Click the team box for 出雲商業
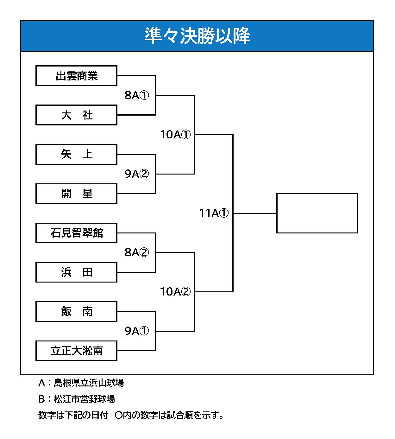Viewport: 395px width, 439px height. tap(76, 76)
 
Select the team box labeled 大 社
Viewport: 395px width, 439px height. tap(76, 115)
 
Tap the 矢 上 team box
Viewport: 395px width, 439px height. tap(76, 154)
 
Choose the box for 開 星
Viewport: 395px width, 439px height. tap(76, 194)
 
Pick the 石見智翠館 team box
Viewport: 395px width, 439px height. tap(76, 233)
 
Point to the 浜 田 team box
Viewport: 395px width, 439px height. tap(76, 272)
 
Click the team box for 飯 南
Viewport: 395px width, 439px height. tap(76, 311)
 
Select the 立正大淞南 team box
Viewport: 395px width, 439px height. tap(76, 351)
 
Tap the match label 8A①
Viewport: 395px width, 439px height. tap(137, 95)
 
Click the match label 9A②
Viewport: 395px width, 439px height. tap(137, 174)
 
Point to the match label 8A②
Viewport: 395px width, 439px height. tap(137, 252)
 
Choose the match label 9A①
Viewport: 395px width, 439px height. tap(137, 331)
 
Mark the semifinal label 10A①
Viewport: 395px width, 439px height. tap(175, 134)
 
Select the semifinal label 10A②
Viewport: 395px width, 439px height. tap(175, 291)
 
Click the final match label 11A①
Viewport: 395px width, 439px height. tap(214, 213)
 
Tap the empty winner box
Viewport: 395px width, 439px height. tap(317, 213)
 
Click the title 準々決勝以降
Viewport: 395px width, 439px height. tap(197, 36)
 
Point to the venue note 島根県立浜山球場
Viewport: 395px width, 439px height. tap(89, 383)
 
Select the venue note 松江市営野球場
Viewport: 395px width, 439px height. tap(84, 399)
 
